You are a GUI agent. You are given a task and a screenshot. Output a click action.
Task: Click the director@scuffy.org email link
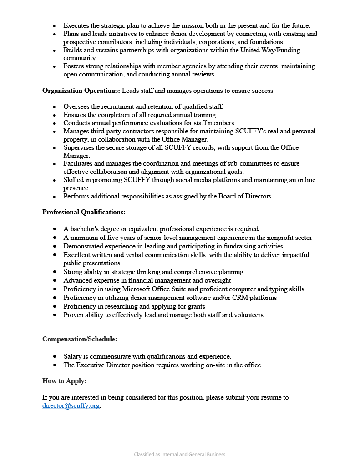[71, 406]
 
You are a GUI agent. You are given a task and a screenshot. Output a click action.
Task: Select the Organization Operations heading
[81, 91]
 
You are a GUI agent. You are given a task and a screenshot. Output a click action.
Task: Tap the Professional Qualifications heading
[84, 212]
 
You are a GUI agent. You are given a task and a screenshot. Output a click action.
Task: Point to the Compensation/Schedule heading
[80, 339]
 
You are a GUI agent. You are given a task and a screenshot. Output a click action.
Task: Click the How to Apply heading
[64, 381]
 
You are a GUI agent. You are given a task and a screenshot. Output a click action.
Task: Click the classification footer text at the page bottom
[179, 454]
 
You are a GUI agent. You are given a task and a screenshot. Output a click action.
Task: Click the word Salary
[73, 356]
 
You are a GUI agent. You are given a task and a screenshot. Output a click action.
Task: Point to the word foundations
[265, 42]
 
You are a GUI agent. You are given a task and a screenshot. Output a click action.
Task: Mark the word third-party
[109, 131]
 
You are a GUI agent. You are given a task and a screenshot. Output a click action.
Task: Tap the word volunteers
[248, 315]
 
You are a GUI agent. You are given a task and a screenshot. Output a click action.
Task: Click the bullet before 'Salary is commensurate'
[55, 357]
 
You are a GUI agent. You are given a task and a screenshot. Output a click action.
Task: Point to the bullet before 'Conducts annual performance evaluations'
[55, 123]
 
